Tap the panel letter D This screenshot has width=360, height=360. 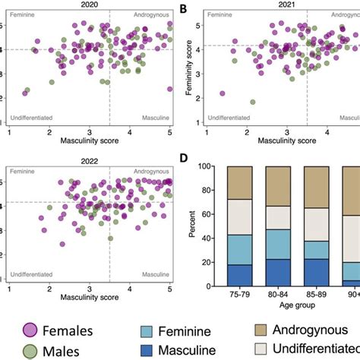[183, 160]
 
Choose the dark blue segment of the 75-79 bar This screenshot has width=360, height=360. [239, 274]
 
